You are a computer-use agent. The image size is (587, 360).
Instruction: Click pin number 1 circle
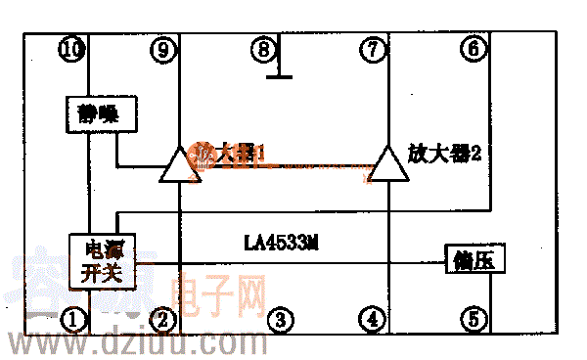72,318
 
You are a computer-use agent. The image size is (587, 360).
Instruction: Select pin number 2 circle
165,318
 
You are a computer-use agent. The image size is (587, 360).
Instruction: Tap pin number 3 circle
281,318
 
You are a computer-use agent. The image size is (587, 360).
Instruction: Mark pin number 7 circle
373,48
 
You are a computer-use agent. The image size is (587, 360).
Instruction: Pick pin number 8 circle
262,48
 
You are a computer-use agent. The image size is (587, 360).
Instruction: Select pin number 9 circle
165,48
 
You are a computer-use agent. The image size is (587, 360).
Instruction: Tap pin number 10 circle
72,48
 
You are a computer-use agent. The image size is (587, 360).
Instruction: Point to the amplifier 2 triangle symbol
387,166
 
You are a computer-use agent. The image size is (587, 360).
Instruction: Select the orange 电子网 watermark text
217,292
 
